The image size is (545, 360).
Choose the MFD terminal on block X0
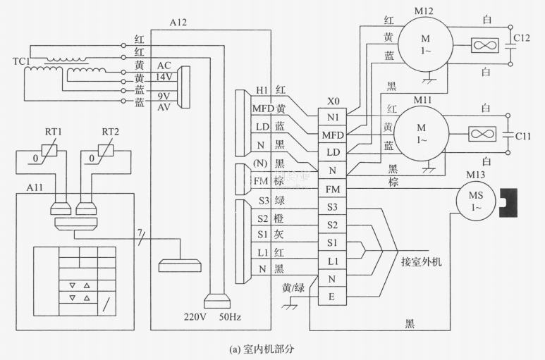pyautogui.click(x=333, y=134)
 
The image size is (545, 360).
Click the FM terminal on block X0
pyautogui.click(x=333, y=190)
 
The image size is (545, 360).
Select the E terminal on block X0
pyautogui.click(x=333, y=297)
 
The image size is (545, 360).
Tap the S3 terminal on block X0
pyautogui.click(x=333, y=207)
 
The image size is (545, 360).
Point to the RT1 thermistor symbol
pyautogui.click(x=49, y=150)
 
